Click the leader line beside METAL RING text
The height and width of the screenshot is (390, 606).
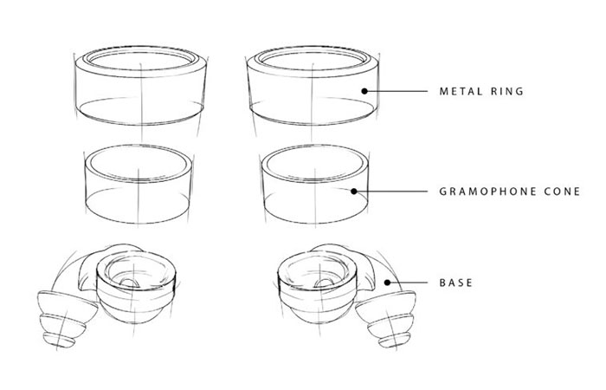(x=398, y=90)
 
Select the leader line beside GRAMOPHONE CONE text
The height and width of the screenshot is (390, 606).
(x=390, y=189)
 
